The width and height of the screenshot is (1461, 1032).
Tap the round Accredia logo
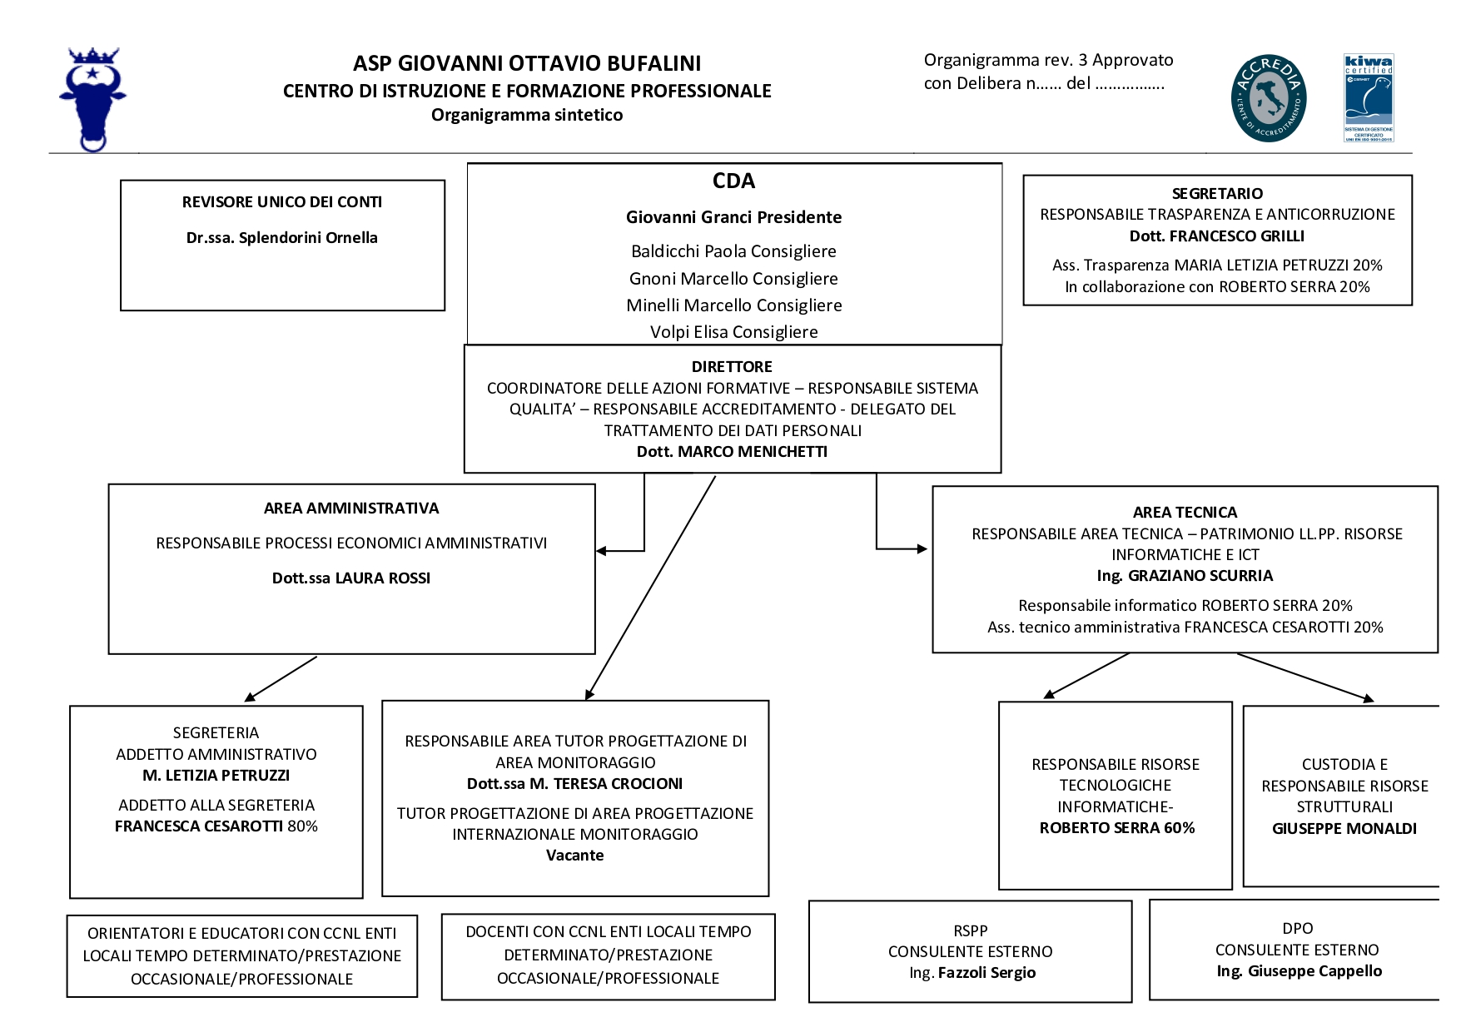click(x=1268, y=98)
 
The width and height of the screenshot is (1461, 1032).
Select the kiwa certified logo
click(x=1369, y=98)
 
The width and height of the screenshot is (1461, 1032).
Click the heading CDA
click(x=733, y=181)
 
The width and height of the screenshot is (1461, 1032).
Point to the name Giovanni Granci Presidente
click(x=733, y=217)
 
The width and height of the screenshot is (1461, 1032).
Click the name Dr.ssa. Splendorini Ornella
click(x=282, y=238)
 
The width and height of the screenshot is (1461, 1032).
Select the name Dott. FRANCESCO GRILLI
click(x=1217, y=236)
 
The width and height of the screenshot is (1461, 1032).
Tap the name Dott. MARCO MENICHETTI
click(x=732, y=452)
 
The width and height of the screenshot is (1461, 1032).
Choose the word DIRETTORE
click(x=732, y=367)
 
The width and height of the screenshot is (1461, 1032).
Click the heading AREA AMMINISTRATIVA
click(x=351, y=509)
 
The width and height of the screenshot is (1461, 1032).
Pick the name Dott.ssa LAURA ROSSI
click(x=351, y=578)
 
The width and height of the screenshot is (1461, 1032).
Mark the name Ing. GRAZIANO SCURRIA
click(x=1185, y=576)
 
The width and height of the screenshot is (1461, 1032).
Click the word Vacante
click(x=574, y=856)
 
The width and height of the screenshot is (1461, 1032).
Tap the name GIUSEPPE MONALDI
click(x=1344, y=829)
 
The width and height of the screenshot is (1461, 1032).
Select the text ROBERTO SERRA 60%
click(x=1116, y=828)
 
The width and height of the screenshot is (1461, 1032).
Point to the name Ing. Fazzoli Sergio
click(x=972, y=973)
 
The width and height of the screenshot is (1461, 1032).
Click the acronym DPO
click(x=1298, y=929)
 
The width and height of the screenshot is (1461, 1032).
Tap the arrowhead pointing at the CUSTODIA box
click(x=1367, y=698)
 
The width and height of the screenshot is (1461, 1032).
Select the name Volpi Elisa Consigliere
click(x=733, y=332)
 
